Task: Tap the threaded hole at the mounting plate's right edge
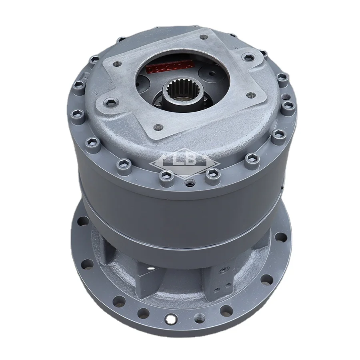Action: click(x=251, y=95)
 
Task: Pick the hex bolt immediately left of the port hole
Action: click(x=164, y=175)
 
